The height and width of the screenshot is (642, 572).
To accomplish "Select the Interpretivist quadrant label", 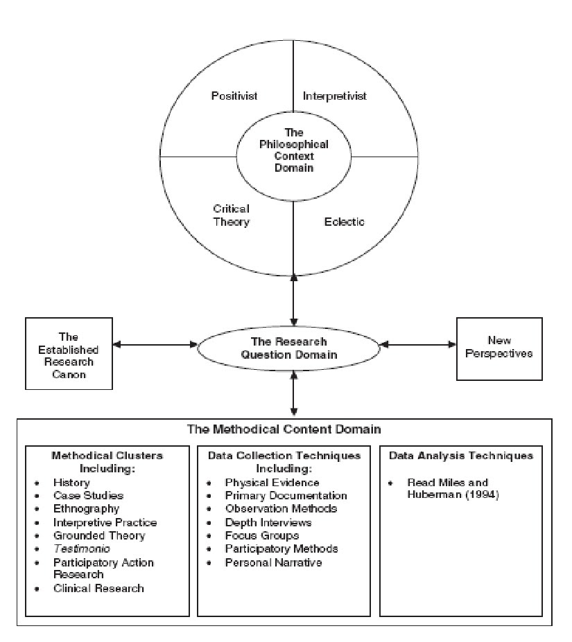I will click(x=334, y=96).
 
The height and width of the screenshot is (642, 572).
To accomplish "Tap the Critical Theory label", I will click(x=231, y=215).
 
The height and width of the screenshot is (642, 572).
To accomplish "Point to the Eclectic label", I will click(x=345, y=222).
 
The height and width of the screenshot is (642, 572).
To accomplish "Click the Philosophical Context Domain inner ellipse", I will click(x=294, y=150).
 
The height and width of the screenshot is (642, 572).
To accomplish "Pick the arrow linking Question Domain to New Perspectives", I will click(x=419, y=344).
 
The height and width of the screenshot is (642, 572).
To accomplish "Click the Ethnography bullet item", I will click(x=86, y=509).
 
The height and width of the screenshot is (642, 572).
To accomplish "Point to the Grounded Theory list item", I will click(x=99, y=535).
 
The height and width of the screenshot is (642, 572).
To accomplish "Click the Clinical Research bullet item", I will click(x=98, y=588).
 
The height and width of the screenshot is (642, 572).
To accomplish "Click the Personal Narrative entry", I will click(x=273, y=562).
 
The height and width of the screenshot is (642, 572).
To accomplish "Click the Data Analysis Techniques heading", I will click(x=460, y=456).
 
